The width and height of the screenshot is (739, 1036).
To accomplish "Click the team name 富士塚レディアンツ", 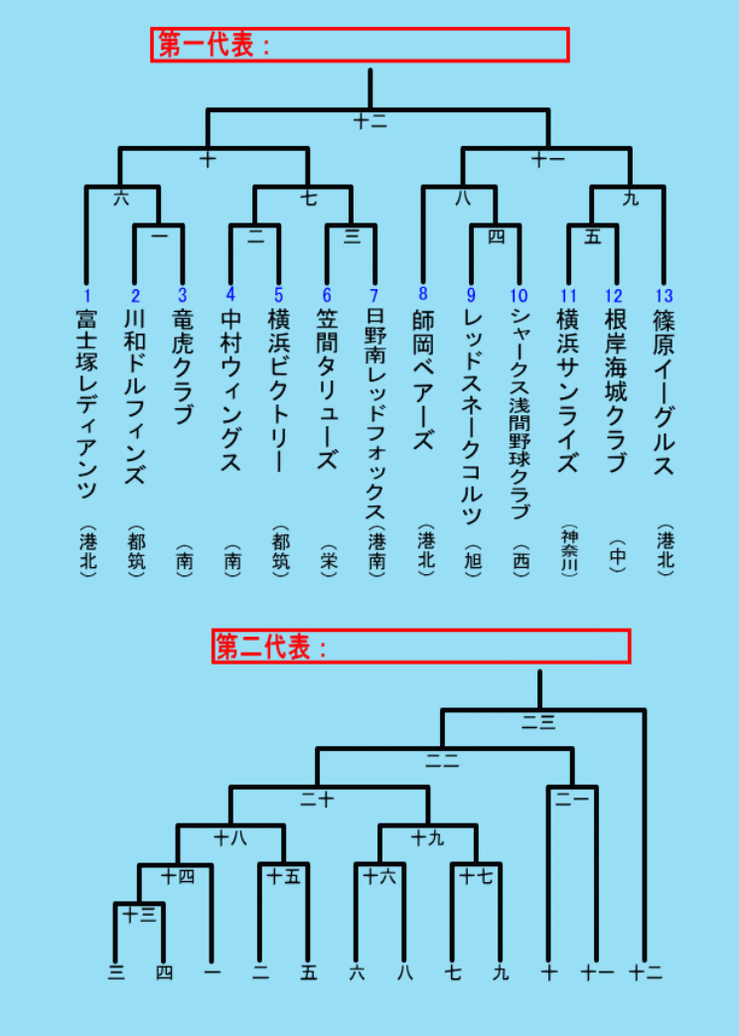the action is point(86,404).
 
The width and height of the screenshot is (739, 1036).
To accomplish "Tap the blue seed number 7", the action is point(374,295).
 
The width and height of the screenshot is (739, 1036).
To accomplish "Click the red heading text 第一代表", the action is point(207,45).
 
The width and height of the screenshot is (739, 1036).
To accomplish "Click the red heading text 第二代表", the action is point(263,648).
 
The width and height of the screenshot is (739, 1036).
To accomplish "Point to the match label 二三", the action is point(538,723).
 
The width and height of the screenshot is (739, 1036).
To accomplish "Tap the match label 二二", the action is point(442,761).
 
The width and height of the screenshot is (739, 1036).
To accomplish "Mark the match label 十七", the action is point(475,877).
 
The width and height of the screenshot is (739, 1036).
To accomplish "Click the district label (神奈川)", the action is point(568,551).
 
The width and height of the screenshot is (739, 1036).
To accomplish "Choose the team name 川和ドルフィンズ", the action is point(135,397).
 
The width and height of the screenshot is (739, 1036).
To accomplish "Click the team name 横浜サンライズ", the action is point(568,391).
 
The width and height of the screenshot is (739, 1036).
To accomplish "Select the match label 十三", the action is point(139,916).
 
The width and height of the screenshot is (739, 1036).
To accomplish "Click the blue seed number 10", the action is point(518,295).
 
